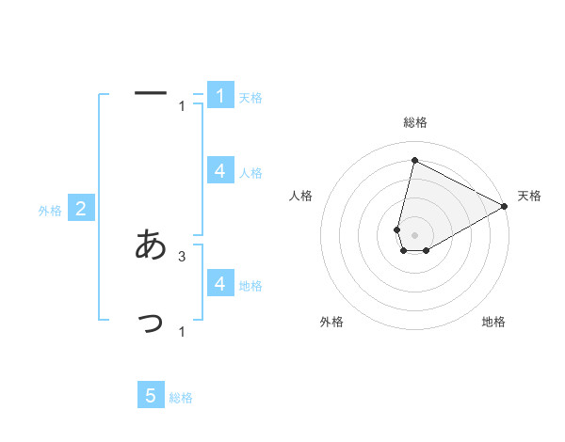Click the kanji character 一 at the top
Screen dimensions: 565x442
151,92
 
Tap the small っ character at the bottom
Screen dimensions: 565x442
152,324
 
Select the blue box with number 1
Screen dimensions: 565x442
220,95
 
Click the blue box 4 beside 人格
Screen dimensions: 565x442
220,170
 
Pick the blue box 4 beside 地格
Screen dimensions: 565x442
220,283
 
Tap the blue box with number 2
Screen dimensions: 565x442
81,209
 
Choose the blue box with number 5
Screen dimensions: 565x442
151,396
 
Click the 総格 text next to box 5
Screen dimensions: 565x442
181,398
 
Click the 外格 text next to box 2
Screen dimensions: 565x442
50,211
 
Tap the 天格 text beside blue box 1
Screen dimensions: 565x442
250,98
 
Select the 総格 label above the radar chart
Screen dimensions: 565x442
415,122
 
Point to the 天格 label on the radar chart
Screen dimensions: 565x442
529,196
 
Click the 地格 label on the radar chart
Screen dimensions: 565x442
493,322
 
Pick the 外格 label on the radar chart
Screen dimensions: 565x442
331,322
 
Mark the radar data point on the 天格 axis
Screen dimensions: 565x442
505,206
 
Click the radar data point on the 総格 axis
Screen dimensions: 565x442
414,160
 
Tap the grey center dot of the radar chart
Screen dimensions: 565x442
415,234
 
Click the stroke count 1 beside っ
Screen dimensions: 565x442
182,331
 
